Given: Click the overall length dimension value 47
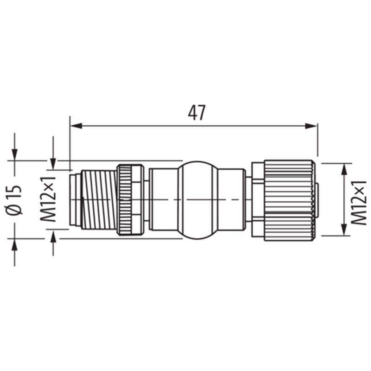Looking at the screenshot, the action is click(197, 113).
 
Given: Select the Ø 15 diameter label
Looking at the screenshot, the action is click(14, 200).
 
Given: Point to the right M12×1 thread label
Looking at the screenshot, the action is click(358, 203).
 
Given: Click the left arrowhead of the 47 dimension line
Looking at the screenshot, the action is click(76, 126).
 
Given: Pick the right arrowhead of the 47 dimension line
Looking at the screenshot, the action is click(311, 126).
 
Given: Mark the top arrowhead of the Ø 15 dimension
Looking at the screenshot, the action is click(15, 155).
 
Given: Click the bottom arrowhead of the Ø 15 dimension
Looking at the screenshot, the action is click(15, 244).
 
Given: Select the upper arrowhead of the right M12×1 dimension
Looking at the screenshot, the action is click(344, 169).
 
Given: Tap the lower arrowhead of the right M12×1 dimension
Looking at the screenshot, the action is click(344, 230).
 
